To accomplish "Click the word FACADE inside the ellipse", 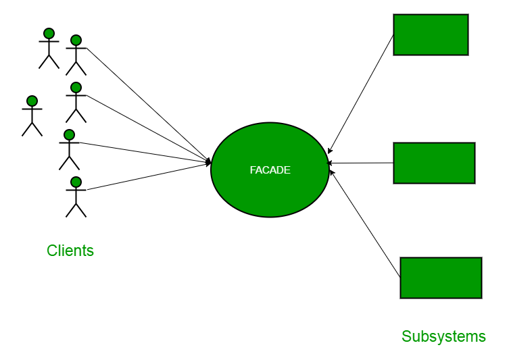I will click(x=270, y=170).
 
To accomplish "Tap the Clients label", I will click(x=70, y=251).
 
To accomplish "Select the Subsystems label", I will click(x=443, y=336).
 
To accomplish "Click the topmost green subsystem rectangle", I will click(x=431, y=34).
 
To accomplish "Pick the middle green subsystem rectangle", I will click(x=434, y=163).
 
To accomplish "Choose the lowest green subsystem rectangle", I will click(x=441, y=278).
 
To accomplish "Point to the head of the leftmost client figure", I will click(x=32, y=101).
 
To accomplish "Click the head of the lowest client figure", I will click(x=76, y=182).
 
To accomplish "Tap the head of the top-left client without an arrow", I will click(x=49, y=33).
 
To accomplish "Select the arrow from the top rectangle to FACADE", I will click(x=360, y=94).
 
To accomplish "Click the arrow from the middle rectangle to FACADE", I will click(x=362, y=163).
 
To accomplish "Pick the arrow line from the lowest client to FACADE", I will click(x=149, y=176).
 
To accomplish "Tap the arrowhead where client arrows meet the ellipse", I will click(x=209, y=163).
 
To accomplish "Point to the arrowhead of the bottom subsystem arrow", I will click(x=332, y=173).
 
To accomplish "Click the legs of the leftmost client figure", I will click(x=32, y=128).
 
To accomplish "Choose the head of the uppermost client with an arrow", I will click(x=76, y=40).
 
